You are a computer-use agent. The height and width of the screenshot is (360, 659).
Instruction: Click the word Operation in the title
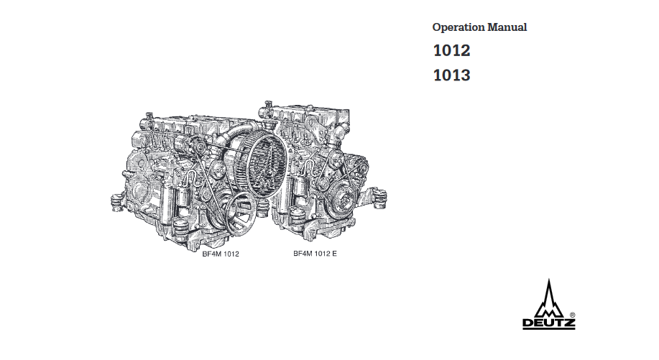[x=458, y=28]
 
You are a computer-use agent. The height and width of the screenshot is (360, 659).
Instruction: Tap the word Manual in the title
[x=507, y=27]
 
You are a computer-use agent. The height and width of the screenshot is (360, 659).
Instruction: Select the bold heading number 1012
[x=452, y=50]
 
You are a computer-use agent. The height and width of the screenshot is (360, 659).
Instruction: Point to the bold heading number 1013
[x=452, y=75]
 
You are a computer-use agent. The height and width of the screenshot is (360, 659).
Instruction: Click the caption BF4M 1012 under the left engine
[x=221, y=254]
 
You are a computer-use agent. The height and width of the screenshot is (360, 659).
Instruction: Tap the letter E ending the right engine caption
[x=334, y=254]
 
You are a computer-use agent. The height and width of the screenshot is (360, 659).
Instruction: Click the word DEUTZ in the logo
[x=549, y=323]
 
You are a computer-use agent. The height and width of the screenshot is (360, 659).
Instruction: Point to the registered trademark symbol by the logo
[x=573, y=315]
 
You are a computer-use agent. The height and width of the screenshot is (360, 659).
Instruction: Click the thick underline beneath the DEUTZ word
[x=549, y=328]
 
